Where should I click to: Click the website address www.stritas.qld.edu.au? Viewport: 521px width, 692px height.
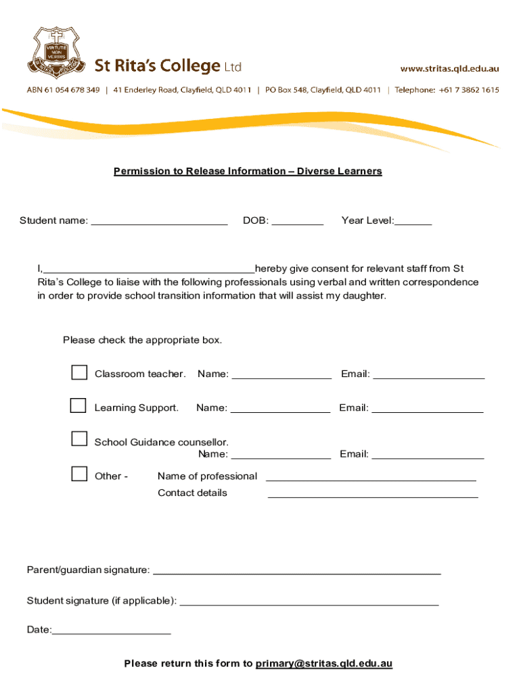click(449, 68)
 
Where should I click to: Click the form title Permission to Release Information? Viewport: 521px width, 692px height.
click(248, 171)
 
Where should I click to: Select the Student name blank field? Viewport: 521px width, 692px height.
click(159, 221)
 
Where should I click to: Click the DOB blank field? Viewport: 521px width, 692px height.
click(298, 221)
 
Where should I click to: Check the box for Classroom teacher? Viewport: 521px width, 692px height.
click(79, 372)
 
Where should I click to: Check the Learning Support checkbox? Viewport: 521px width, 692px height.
click(79, 405)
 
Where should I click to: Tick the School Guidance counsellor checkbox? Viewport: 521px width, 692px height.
click(79, 439)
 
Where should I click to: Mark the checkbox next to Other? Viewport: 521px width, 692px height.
click(79, 473)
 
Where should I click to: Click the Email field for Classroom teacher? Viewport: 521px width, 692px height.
click(428, 374)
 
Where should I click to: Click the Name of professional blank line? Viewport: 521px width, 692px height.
click(371, 476)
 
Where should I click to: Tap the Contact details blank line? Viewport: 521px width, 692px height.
click(373, 493)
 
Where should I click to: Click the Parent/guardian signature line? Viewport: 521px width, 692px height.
click(297, 570)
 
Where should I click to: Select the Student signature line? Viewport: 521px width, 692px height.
click(309, 601)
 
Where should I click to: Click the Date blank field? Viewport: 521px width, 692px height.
click(112, 631)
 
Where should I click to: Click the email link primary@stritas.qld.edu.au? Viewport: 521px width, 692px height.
click(323, 664)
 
